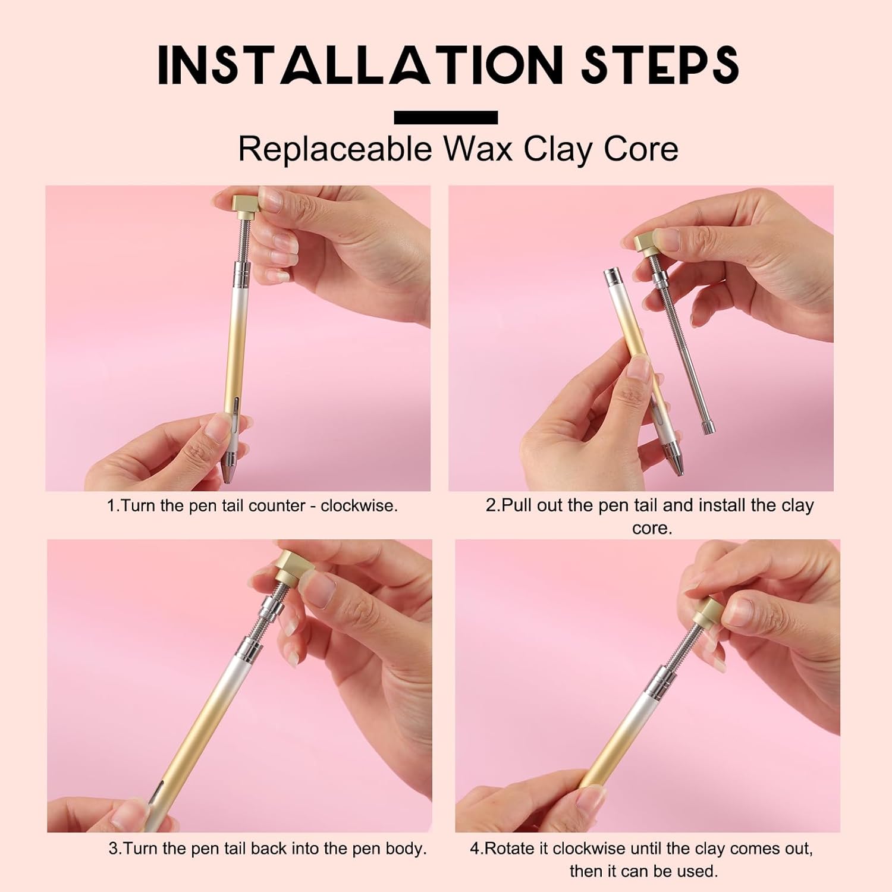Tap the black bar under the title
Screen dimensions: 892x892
[446, 117]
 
